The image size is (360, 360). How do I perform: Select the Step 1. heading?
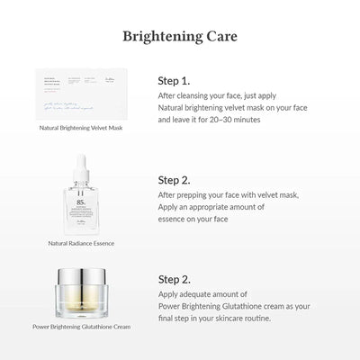click(x=175, y=78)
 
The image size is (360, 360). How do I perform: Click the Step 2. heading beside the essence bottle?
click(x=175, y=179)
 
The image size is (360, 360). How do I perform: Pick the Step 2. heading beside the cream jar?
click(x=175, y=281)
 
